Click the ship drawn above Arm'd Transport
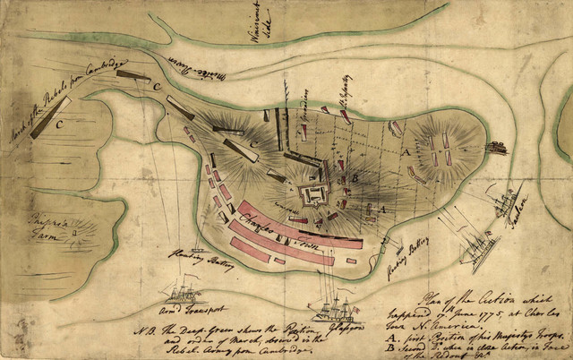click(x=183, y=295)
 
